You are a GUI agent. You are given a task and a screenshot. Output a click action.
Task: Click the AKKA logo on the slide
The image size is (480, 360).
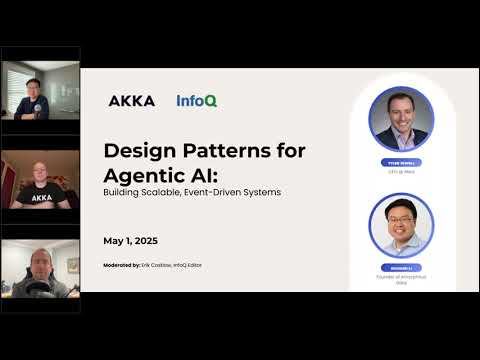coord(131,100)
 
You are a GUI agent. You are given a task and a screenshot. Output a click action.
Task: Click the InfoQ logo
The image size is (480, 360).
coord(196,100)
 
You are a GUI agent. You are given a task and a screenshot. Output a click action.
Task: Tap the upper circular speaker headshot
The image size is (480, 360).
coord(400,119)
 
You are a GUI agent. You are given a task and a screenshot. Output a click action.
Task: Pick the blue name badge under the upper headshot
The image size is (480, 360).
coord(400,162)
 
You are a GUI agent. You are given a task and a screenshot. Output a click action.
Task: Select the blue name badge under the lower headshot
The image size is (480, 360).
coord(400,268)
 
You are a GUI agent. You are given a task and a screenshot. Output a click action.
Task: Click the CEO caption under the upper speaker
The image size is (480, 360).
coord(400,171)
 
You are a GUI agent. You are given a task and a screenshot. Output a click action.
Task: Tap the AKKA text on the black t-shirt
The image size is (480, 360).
coord(41,198)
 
